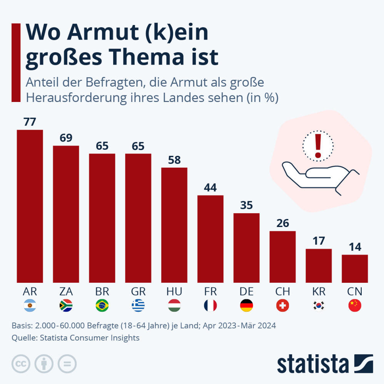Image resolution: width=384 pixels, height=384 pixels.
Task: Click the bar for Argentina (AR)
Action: coord(30,206)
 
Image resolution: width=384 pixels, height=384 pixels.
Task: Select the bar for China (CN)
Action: coord(355,269)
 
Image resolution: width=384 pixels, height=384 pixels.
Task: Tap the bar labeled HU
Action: coord(174,225)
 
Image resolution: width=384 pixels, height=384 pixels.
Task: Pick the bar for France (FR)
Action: coord(210,239)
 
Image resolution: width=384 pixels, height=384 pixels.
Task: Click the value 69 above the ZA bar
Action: coord(66,138)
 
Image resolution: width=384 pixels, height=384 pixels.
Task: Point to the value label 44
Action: coord(210,188)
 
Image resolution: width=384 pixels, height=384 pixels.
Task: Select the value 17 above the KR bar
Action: coord(319,241)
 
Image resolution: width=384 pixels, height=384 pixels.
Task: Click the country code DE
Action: coord(247,291)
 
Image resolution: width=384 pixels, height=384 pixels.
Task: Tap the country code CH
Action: coord(283,291)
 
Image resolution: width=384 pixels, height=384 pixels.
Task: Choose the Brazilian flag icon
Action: coord(102,306)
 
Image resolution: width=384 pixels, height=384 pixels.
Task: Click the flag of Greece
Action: coord(138,306)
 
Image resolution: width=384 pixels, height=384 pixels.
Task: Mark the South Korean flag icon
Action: coord(319,306)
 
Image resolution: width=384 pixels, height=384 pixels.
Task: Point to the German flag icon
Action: coord(247,306)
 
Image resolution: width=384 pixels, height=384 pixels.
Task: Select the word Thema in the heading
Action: coord(147,57)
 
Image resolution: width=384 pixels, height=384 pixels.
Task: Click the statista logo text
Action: coord(312,364)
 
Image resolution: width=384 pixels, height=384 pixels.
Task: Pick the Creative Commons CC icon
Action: coord(21,364)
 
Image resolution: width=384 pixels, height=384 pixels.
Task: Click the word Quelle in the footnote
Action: coord(22,338)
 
